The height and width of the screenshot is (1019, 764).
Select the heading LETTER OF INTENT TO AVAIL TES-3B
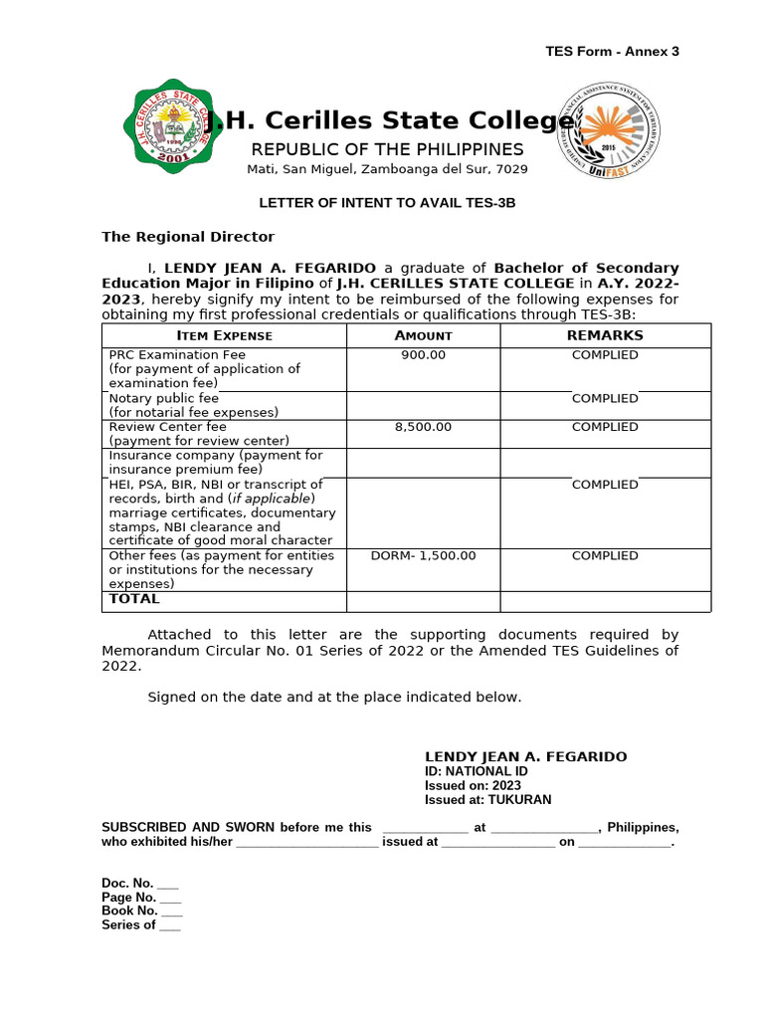[387, 203]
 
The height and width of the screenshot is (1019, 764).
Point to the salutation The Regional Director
[188, 237]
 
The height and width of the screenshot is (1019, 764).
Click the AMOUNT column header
[423, 335]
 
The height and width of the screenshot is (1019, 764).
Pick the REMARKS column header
[605, 335]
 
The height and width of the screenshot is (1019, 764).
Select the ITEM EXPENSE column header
[224, 335]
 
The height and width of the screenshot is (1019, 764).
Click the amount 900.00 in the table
[423, 355]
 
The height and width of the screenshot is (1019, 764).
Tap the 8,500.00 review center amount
[423, 427]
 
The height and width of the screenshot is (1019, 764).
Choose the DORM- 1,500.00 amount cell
[423, 556]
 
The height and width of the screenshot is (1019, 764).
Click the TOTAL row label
[134, 599]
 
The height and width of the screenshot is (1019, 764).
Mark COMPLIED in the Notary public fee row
[605, 399]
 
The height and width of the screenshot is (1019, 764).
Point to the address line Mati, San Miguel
[387, 169]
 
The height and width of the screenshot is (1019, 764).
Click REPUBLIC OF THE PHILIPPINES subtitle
[387, 149]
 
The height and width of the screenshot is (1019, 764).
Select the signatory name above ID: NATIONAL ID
[526, 757]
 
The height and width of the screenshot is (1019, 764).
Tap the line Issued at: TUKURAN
[487, 800]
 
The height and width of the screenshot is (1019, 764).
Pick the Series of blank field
[169, 925]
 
